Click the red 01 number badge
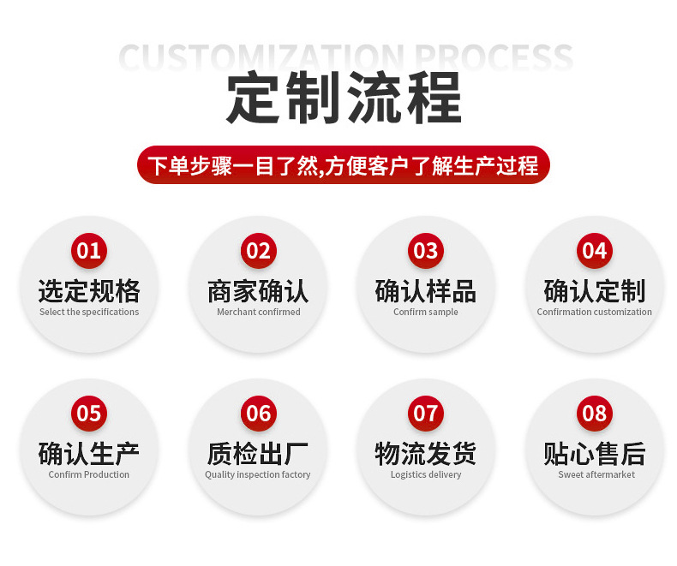[89, 250]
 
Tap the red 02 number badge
[258, 250]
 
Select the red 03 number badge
[426, 250]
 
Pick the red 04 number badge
[594, 250]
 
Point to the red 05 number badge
[89, 414]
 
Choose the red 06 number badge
[258, 414]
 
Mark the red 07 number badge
[426, 414]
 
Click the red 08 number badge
[594, 414]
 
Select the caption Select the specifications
[89, 313]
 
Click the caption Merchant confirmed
[258, 313]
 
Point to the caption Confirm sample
[426, 313]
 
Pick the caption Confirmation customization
[594, 313]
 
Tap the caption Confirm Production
[89, 475]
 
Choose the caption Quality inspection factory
[258, 475]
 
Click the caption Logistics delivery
[426, 475]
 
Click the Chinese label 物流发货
[426, 453]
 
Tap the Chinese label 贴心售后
[594, 453]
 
